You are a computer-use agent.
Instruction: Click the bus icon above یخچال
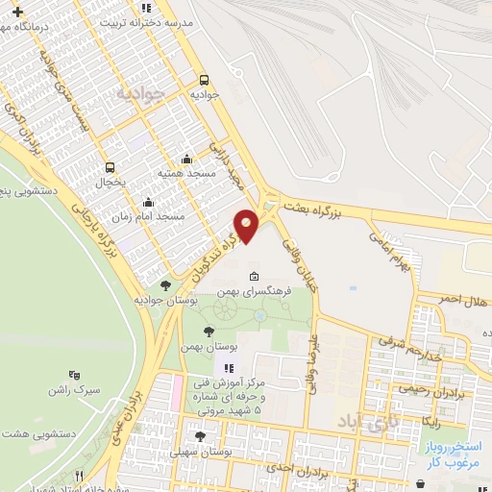pyautogui.click(x=111, y=166)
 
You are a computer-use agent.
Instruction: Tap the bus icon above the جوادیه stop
pyautogui.click(x=203, y=82)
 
